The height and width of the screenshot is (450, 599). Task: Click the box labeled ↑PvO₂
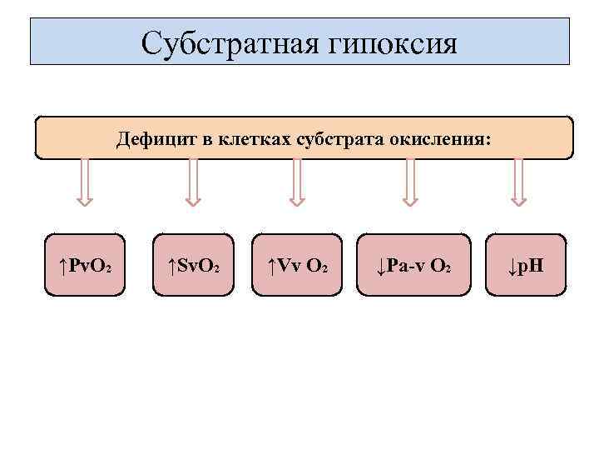point(86,266)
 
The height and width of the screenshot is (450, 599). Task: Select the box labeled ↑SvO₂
point(193,266)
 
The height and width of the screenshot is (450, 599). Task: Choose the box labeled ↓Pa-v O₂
point(413,266)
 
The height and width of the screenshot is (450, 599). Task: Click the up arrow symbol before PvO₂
point(63,267)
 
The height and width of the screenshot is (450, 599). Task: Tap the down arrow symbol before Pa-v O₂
point(380,267)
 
